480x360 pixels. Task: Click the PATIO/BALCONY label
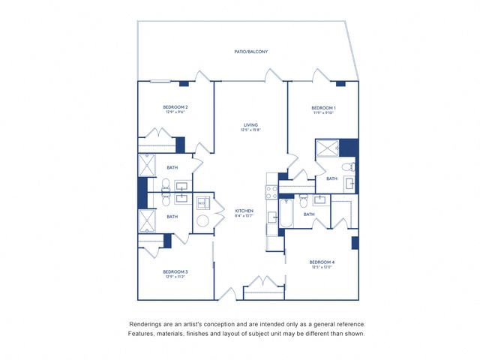click(x=250, y=52)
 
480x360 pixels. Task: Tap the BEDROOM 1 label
click(x=323, y=108)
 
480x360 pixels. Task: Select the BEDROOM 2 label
click(x=175, y=107)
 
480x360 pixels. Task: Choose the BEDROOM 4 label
click(x=322, y=262)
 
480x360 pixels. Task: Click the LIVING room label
click(x=250, y=124)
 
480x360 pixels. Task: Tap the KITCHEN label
click(x=244, y=210)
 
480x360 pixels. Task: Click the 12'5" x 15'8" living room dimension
click(x=250, y=130)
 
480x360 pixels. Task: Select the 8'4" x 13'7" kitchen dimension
click(x=244, y=216)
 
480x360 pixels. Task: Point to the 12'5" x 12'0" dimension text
click(x=322, y=268)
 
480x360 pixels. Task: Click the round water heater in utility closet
click(x=203, y=222)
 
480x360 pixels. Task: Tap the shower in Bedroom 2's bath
click(x=145, y=164)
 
